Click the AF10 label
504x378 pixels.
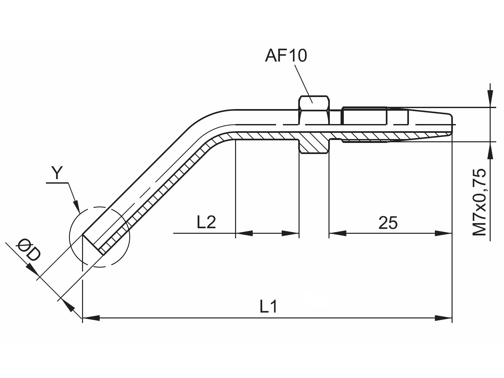pyautogui.click(x=286, y=56)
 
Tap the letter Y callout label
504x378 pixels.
pyautogui.click(x=56, y=173)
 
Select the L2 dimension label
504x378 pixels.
pyautogui.click(x=206, y=222)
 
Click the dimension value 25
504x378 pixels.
pyautogui.click(x=388, y=223)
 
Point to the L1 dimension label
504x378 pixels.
pyautogui.click(x=268, y=307)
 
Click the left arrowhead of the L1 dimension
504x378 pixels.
pyautogui.click(x=91, y=318)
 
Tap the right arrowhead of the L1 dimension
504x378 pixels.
pyautogui.click(x=443, y=318)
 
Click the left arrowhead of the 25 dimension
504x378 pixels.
pyautogui.click(x=338, y=233)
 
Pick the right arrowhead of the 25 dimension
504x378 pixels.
pyautogui.click(x=443, y=233)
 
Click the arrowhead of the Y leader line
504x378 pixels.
pyautogui.click(x=77, y=205)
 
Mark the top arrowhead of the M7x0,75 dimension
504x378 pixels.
pyautogui.click(x=490, y=99)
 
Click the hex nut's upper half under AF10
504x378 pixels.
pyautogui.click(x=314, y=110)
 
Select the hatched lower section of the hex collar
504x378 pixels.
pyautogui.click(x=314, y=146)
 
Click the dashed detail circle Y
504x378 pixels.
pyautogui.click(x=100, y=237)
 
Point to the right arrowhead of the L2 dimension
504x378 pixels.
pyautogui.click(x=290, y=233)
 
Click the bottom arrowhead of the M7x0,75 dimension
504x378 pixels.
pyautogui.click(x=490, y=150)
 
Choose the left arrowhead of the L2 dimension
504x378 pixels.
pyautogui.click(x=244, y=233)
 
